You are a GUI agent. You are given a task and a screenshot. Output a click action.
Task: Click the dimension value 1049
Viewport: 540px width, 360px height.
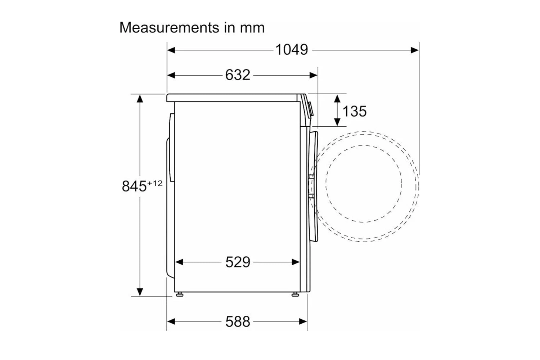[292, 50]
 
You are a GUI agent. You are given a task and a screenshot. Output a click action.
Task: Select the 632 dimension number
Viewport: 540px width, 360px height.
[238, 75]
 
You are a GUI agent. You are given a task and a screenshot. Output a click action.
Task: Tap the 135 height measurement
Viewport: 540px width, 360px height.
[354, 111]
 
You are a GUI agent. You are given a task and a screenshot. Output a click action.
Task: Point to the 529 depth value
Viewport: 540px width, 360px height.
[238, 262]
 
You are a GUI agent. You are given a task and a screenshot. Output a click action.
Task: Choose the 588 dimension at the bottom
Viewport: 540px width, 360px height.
[238, 322]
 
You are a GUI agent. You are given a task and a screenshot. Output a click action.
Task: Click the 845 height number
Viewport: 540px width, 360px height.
[134, 186]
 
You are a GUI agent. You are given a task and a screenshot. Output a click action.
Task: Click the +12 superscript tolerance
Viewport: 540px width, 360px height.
[155, 183]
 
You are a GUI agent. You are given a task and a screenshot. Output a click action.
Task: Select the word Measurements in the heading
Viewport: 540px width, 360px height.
[169, 27]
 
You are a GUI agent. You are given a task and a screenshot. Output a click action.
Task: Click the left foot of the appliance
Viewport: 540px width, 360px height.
[179, 294]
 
